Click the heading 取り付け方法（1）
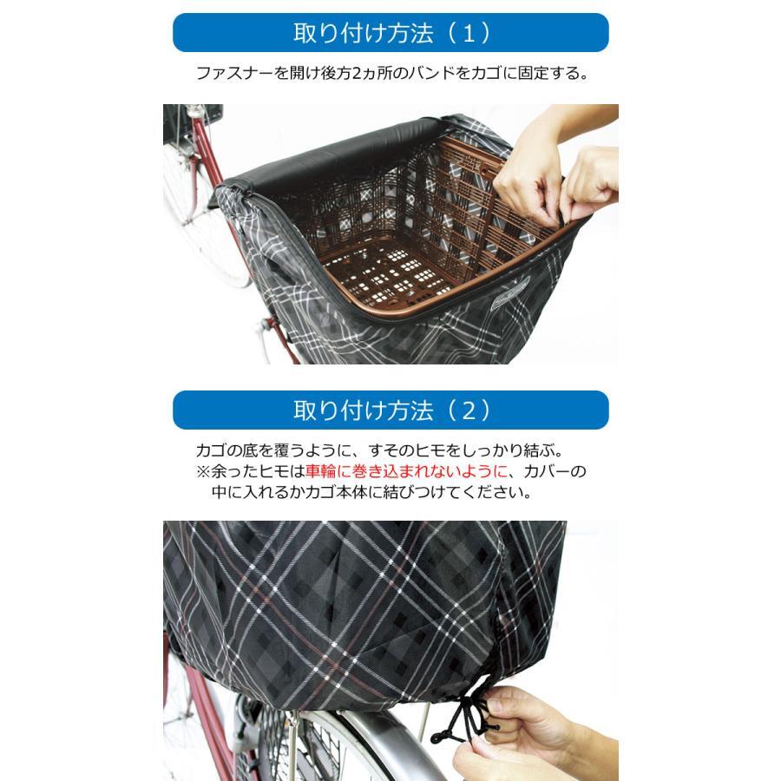pos(391,33)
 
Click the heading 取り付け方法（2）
pos(391,410)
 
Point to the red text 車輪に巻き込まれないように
pos(406,470)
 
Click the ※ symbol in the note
pos(203,471)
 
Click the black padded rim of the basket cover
pos(329,155)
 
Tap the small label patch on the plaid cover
pos(510,294)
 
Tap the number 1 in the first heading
pos(469,33)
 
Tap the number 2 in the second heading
pos(469,411)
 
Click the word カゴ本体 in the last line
pos(337,492)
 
